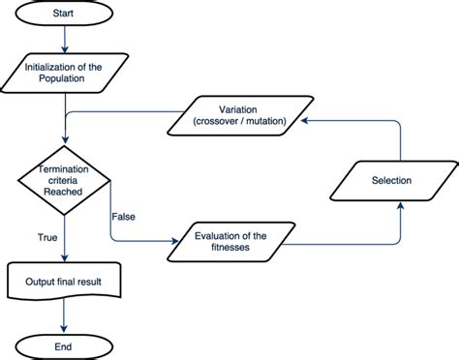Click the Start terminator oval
click(64, 15)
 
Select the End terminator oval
click(64, 345)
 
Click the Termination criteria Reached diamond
click(64, 181)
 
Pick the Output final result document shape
click(64, 283)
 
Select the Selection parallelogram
click(391, 181)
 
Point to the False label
click(123, 215)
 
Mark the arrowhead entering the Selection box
click(399, 204)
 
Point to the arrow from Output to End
click(64, 315)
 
